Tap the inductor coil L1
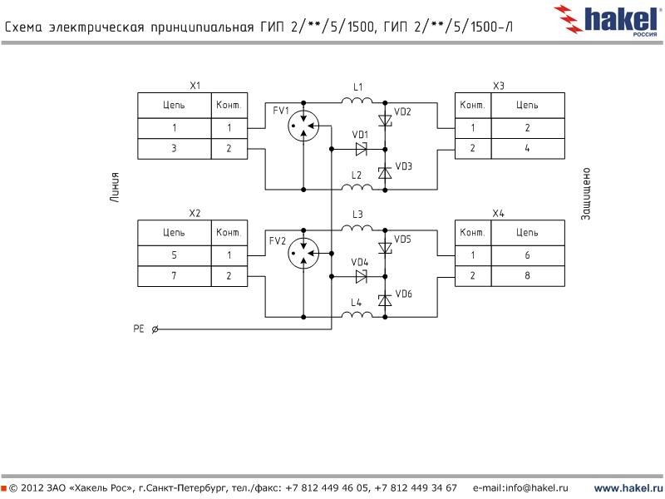pyautogui.click(x=357, y=101)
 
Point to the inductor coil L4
pyautogui.click(x=357, y=314)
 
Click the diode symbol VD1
pyautogui.click(x=361, y=149)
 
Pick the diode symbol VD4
pyautogui.click(x=361, y=276)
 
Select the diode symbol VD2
pyautogui.click(x=385, y=121)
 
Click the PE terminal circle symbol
pyautogui.click(x=156, y=329)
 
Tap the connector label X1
pyautogui.click(x=195, y=86)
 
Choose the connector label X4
pyautogui.click(x=498, y=214)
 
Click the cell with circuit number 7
pyautogui.click(x=175, y=276)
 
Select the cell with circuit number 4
pyautogui.click(x=527, y=149)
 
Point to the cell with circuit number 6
pyautogui.click(x=527, y=255)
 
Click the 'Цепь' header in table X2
pyautogui.click(x=175, y=233)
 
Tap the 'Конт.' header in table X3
pyautogui.click(x=472, y=106)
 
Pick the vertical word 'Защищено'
pyautogui.click(x=585, y=194)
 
